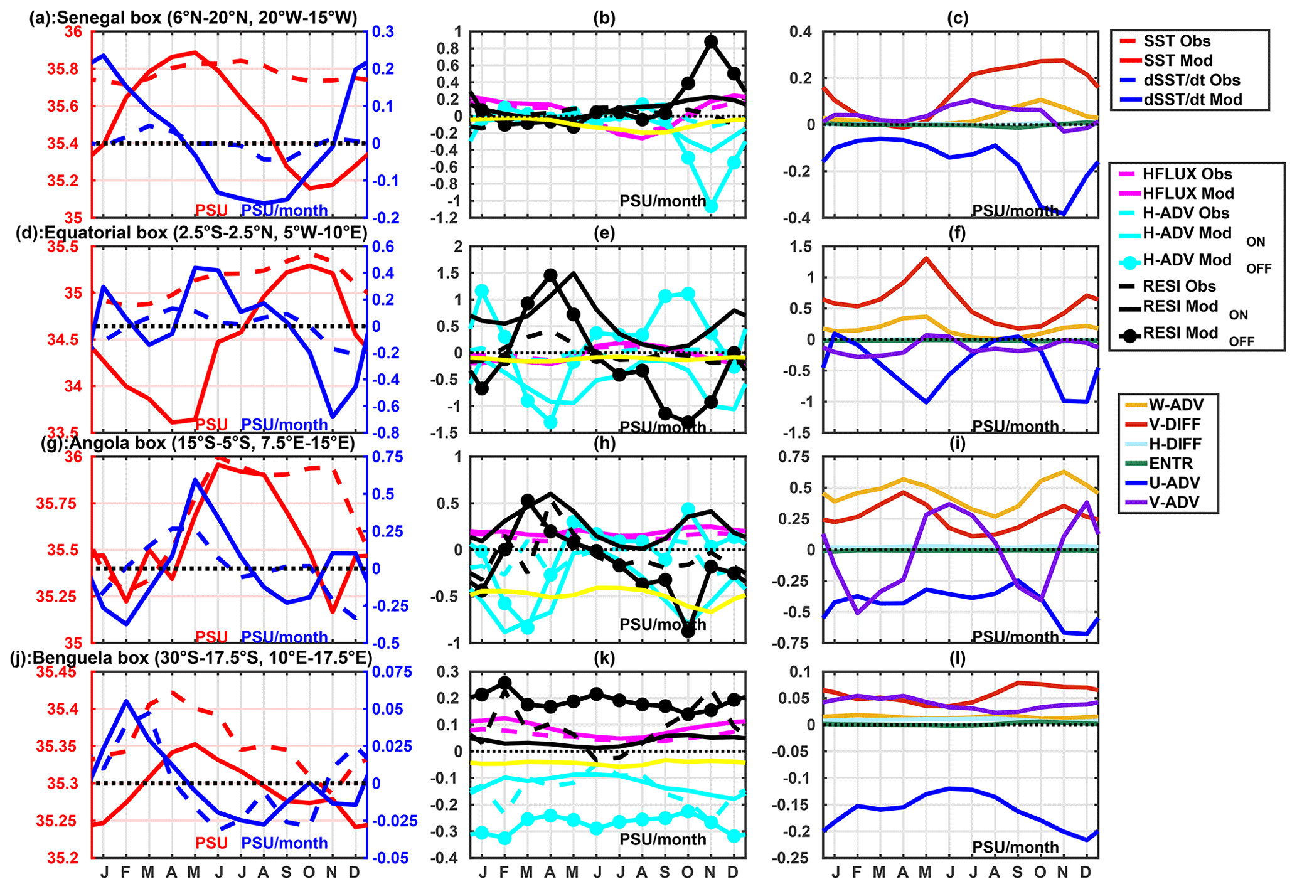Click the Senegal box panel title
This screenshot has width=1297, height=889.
pos(193,18)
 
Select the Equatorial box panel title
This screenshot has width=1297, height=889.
pos(191,233)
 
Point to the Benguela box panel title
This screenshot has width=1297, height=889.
pos(191,657)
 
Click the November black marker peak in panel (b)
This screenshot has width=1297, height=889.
pos(710,42)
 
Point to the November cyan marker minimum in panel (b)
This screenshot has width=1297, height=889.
pos(711,206)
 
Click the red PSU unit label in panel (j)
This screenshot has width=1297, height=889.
pos(211,843)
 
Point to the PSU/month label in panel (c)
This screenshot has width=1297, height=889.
pos(1015,211)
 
